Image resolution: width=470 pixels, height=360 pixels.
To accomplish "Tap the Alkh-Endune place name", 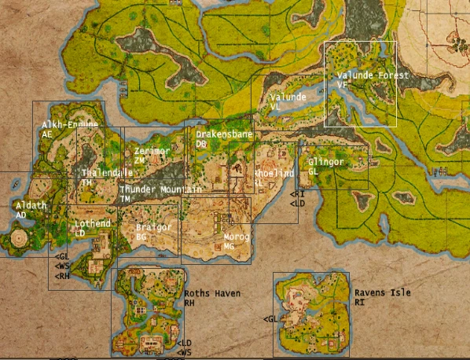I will tap(70, 125).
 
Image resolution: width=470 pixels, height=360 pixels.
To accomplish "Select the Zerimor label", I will tap(152, 151).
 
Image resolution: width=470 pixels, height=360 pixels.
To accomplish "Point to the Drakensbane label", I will tap(224, 135).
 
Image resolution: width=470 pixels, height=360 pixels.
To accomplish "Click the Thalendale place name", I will tap(107, 173).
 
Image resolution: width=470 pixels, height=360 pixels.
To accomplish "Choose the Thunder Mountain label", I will tap(160, 190).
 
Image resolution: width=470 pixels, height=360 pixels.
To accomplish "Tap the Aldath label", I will tap(31, 205).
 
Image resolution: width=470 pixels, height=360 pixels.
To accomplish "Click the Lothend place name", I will tap(93, 224).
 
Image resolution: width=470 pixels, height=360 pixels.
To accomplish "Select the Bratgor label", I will tap(152, 227).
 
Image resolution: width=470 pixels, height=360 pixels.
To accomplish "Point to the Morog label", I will tap(236, 237).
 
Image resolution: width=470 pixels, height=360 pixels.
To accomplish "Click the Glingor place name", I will tap(325, 162).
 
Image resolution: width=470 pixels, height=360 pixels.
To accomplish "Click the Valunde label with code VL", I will tap(288, 97).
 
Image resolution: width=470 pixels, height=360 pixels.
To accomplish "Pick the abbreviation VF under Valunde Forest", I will tap(341, 84).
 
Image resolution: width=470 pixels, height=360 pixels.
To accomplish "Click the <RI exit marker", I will tap(297, 194).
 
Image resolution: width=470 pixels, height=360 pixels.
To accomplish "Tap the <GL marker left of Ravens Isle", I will tap(270, 319).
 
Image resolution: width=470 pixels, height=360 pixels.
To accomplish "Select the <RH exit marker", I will tap(62, 276).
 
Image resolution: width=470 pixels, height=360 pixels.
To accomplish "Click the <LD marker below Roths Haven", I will tap(184, 343).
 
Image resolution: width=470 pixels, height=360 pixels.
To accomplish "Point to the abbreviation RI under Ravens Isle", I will tap(358, 302).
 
